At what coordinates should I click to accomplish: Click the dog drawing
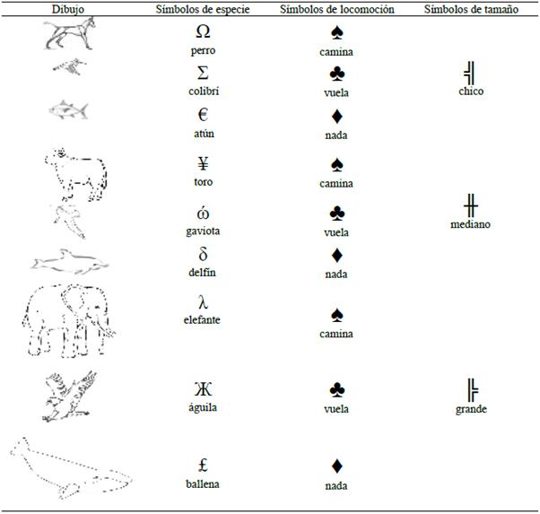[x=70, y=34]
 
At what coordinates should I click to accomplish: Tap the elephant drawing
[x=69, y=320]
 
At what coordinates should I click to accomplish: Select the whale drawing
[x=71, y=468]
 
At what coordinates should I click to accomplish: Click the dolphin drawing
[x=70, y=262]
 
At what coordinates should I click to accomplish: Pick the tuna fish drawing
[x=68, y=110]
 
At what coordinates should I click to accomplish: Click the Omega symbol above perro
[x=203, y=31]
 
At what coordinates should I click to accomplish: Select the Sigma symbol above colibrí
[x=203, y=73]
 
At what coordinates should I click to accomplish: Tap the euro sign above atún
[x=204, y=115]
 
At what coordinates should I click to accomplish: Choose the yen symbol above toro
[x=204, y=163]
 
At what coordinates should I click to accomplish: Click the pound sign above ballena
[x=204, y=465]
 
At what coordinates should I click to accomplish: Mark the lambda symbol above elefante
[x=204, y=302]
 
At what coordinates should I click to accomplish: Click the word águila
[x=203, y=408]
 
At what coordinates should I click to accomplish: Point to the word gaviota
[x=203, y=231]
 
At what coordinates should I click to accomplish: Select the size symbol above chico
[x=470, y=73]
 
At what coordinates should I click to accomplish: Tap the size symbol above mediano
[x=470, y=205]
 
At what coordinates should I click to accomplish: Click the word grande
[x=471, y=409]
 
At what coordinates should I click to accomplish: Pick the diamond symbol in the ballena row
[x=336, y=466]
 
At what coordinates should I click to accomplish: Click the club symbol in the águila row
[x=336, y=389]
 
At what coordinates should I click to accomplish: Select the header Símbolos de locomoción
[x=336, y=9]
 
